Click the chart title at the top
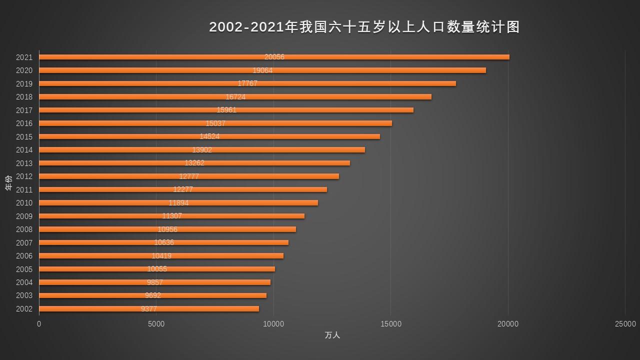click(x=364, y=27)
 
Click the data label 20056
click(x=274, y=57)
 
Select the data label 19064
click(x=262, y=70)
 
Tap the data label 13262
click(x=194, y=163)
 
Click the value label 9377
click(x=149, y=309)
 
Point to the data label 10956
click(x=167, y=229)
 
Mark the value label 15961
click(x=226, y=110)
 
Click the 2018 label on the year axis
click(x=24, y=97)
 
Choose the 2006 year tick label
click(x=24, y=256)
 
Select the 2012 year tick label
click(x=24, y=176)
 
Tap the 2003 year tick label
click(x=24, y=295)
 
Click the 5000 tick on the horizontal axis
click(x=156, y=324)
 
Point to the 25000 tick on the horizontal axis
click(x=625, y=324)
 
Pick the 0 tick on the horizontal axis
click(x=39, y=324)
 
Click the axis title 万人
click(x=332, y=335)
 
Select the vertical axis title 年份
click(x=8, y=182)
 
